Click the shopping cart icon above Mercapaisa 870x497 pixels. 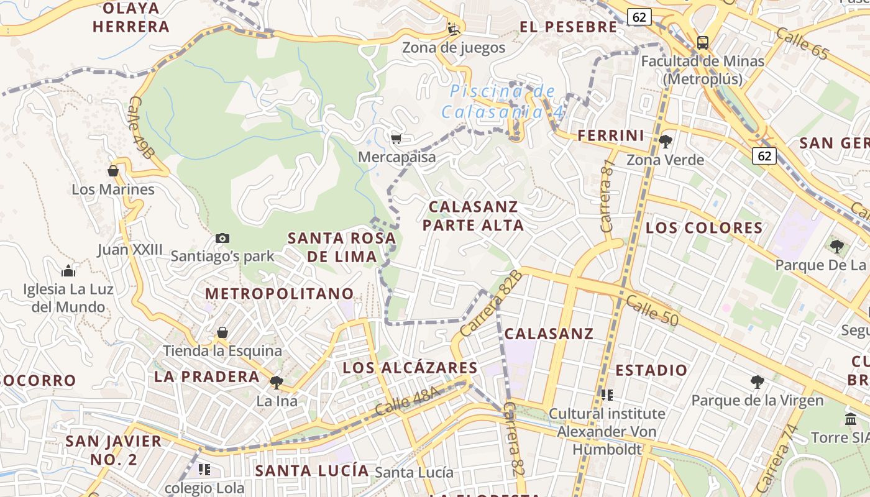click(x=396, y=138)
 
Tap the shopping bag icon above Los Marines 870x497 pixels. click(x=113, y=170)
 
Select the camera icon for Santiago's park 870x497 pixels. click(x=222, y=238)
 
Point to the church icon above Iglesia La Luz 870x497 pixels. click(x=68, y=270)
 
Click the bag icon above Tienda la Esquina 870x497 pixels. click(x=222, y=332)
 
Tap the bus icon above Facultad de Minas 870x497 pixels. click(x=702, y=42)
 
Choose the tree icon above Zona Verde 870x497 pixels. click(x=665, y=141)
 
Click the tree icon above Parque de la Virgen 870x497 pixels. click(x=757, y=381)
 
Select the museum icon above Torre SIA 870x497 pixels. click(x=850, y=419)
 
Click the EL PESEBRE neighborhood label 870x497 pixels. click(x=569, y=27)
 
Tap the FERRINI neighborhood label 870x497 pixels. click(x=611, y=135)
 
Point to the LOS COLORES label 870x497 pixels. click(x=704, y=227)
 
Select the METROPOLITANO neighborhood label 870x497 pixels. click(x=280, y=293)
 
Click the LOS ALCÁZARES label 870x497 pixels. click(x=410, y=367)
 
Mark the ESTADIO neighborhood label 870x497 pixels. click(x=651, y=371)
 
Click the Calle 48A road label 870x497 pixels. click(x=407, y=402)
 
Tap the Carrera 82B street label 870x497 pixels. click(x=490, y=304)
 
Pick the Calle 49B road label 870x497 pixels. click(x=142, y=127)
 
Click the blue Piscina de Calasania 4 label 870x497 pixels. click(x=503, y=102)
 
